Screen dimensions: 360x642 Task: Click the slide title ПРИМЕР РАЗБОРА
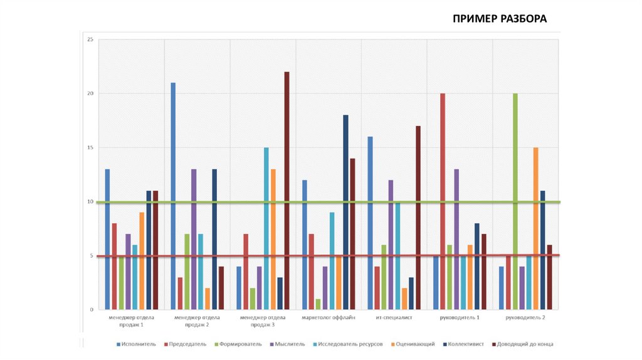pos(500,18)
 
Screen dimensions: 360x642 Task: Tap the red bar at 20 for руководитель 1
pos(443,201)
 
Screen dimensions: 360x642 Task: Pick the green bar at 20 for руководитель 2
pos(515,201)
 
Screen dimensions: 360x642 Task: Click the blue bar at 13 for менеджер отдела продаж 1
pos(107,239)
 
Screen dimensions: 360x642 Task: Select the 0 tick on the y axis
pos(92,310)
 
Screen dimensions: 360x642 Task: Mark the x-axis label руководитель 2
pos(525,318)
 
